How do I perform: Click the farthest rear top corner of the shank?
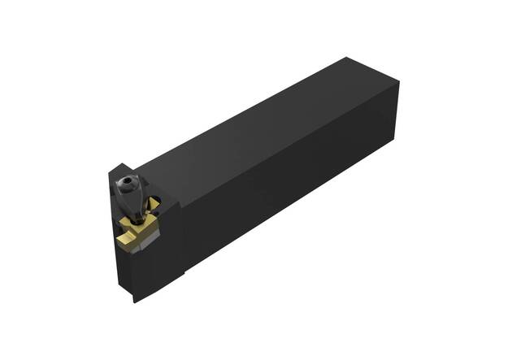(347, 58)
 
